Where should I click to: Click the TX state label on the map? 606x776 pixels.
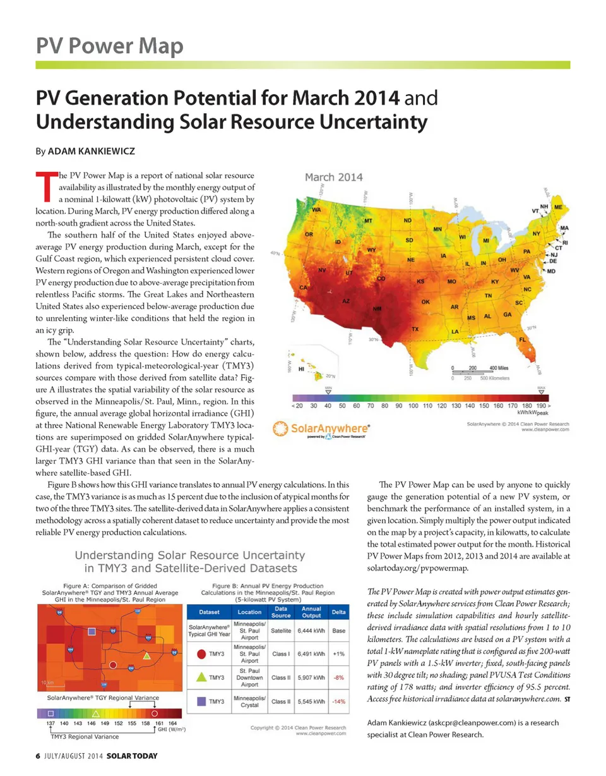click(415, 329)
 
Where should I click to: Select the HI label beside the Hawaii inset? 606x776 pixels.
click(301, 367)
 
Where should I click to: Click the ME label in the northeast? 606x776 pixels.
click(559, 207)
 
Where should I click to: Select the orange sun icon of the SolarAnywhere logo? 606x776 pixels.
click(280, 429)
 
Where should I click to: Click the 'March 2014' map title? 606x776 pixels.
click(334, 177)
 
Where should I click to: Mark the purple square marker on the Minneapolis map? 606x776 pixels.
click(92, 632)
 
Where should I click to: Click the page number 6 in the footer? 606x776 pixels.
click(38, 756)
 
